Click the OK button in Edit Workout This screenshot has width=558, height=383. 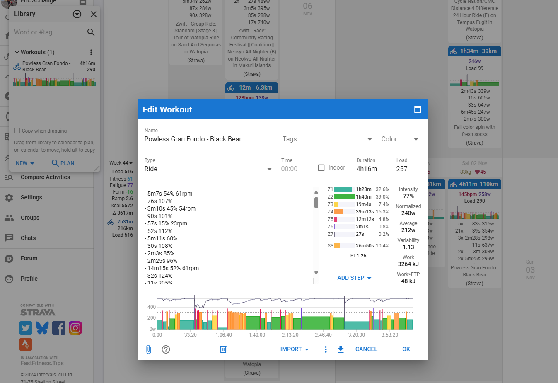click(x=406, y=349)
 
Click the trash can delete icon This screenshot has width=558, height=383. click(x=223, y=349)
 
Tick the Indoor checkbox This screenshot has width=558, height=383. click(x=321, y=167)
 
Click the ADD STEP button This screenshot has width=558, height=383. click(x=354, y=278)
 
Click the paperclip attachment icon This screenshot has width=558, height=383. click(x=149, y=349)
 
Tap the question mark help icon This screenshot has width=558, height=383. click(x=166, y=349)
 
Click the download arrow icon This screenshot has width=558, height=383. click(x=341, y=349)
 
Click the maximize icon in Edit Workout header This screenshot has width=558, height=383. click(x=418, y=109)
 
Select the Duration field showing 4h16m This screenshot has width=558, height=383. click(x=372, y=169)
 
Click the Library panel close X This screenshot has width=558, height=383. click(x=94, y=14)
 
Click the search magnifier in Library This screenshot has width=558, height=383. click(x=91, y=32)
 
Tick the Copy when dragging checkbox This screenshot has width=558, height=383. click(x=17, y=131)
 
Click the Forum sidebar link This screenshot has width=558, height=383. click(x=29, y=258)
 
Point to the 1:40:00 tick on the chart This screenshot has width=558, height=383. click(x=257, y=335)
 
